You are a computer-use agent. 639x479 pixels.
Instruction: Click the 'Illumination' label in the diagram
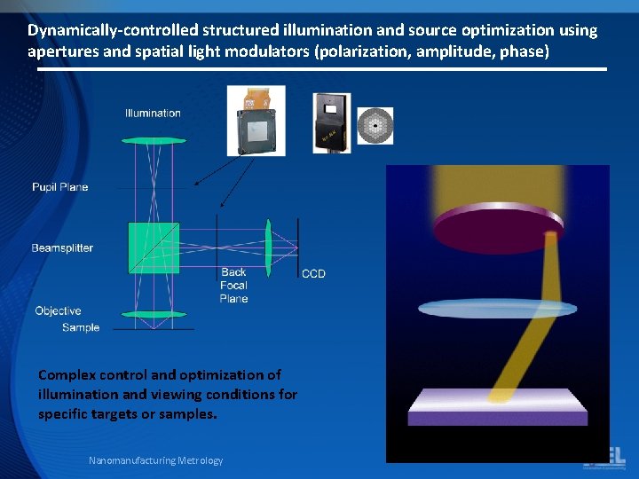(x=153, y=114)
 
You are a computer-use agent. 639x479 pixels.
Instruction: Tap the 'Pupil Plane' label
(x=59, y=187)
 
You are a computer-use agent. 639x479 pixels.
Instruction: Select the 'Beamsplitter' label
(x=62, y=248)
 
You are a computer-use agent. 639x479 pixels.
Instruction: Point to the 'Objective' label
(x=58, y=311)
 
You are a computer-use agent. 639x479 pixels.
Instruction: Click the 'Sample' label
(x=81, y=328)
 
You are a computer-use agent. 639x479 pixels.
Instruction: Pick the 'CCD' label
(x=313, y=273)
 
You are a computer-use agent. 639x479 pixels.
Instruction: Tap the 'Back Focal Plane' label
(x=233, y=286)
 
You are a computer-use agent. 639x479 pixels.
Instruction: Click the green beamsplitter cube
(x=154, y=247)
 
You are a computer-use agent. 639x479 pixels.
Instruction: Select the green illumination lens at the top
(x=154, y=140)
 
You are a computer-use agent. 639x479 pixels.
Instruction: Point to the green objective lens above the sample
(x=154, y=314)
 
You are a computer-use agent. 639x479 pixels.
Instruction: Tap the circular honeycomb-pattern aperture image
(x=374, y=126)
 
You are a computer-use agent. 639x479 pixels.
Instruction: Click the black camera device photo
(x=332, y=122)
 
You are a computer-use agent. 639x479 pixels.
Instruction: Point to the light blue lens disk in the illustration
(x=497, y=309)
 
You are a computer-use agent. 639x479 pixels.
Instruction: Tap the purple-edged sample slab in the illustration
(x=497, y=408)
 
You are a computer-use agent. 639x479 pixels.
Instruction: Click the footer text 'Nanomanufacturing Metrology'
(x=155, y=460)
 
